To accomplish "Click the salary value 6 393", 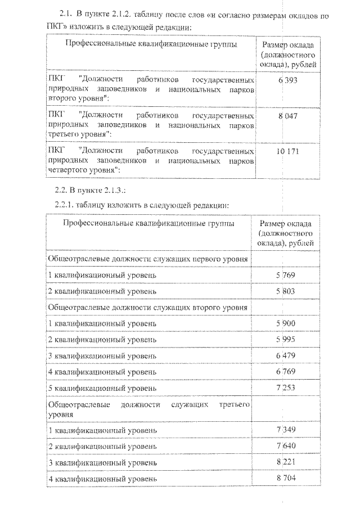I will [x=287, y=80].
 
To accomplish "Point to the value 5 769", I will [x=286, y=275].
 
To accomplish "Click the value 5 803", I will [x=286, y=291].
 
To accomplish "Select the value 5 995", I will [x=286, y=340].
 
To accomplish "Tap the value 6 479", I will [x=286, y=356].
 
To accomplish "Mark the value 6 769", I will [x=286, y=372].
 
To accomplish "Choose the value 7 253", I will [x=286, y=389].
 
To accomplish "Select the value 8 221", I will [x=286, y=462].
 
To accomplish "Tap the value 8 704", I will [x=286, y=479].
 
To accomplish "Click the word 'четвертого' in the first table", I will [x=65, y=169].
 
